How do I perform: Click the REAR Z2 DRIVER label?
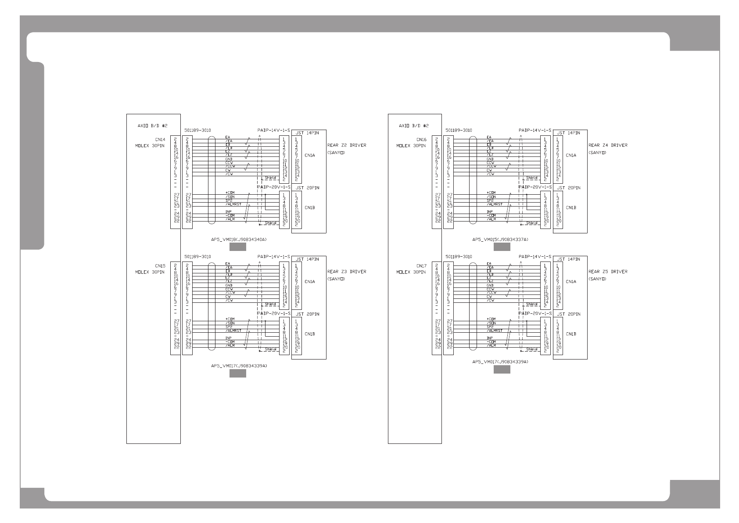click(x=346, y=145)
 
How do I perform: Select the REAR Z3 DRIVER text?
click(x=346, y=272)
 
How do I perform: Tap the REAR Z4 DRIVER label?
click(x=608, y=145)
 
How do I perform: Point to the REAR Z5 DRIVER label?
click(x=608, y=272)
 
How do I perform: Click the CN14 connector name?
click(x=160, y=139)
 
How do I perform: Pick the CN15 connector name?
click(x=160, y=266)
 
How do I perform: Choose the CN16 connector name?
click(x=421, y=139)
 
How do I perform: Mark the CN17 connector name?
click(x=421, y=266)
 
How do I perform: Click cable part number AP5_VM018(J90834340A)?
click(x=239, y=240)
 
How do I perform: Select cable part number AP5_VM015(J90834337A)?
click(x=500, y=240)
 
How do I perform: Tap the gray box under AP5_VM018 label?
click(x=238, y=247)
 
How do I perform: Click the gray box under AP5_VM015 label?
click(x=502, y=247)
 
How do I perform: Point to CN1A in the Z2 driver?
click(x=310, y=155)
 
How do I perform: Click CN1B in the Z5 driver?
click(x=571, y=334)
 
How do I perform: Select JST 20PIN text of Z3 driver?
click(x=307, y=314)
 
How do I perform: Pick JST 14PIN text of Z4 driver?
click(x=568, y=132)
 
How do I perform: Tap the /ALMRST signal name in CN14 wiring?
click(x=233, y=204)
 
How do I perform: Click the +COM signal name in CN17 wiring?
click(x=491, y=319)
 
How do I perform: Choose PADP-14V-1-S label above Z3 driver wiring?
click(x=274, y=257)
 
